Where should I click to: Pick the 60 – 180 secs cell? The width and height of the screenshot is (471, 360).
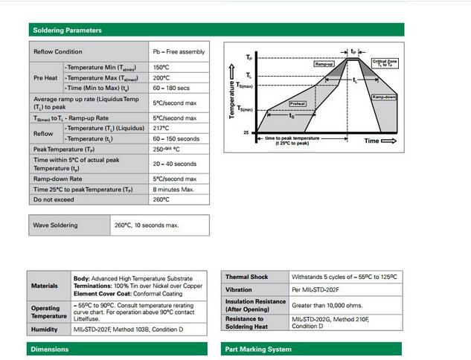pos(173,88)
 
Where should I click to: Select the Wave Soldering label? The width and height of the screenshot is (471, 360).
pos(56,224)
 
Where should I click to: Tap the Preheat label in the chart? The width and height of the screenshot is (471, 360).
pos(298,104)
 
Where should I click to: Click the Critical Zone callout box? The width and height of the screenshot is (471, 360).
pos(385,63)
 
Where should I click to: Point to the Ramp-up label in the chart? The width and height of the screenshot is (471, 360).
pos(323,65)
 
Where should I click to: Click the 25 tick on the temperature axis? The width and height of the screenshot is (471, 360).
pos(246,133)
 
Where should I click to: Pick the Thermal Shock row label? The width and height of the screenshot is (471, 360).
pos(247,277)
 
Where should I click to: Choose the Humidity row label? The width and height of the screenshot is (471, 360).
pos(44,329)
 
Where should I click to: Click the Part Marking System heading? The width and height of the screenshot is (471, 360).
pos(257,349)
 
